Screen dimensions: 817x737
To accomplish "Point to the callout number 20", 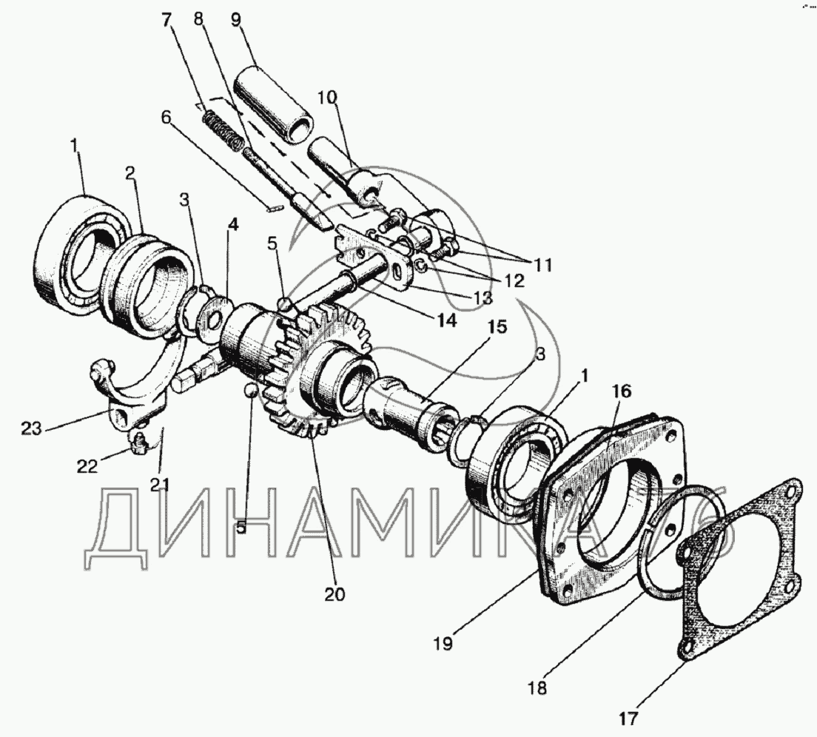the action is (335, 593).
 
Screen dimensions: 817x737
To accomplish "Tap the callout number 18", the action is (538, 688).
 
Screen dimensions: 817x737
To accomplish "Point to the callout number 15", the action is (497, 326).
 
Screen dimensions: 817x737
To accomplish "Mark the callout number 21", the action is (160, 485).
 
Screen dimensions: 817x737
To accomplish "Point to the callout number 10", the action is (327, 98).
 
